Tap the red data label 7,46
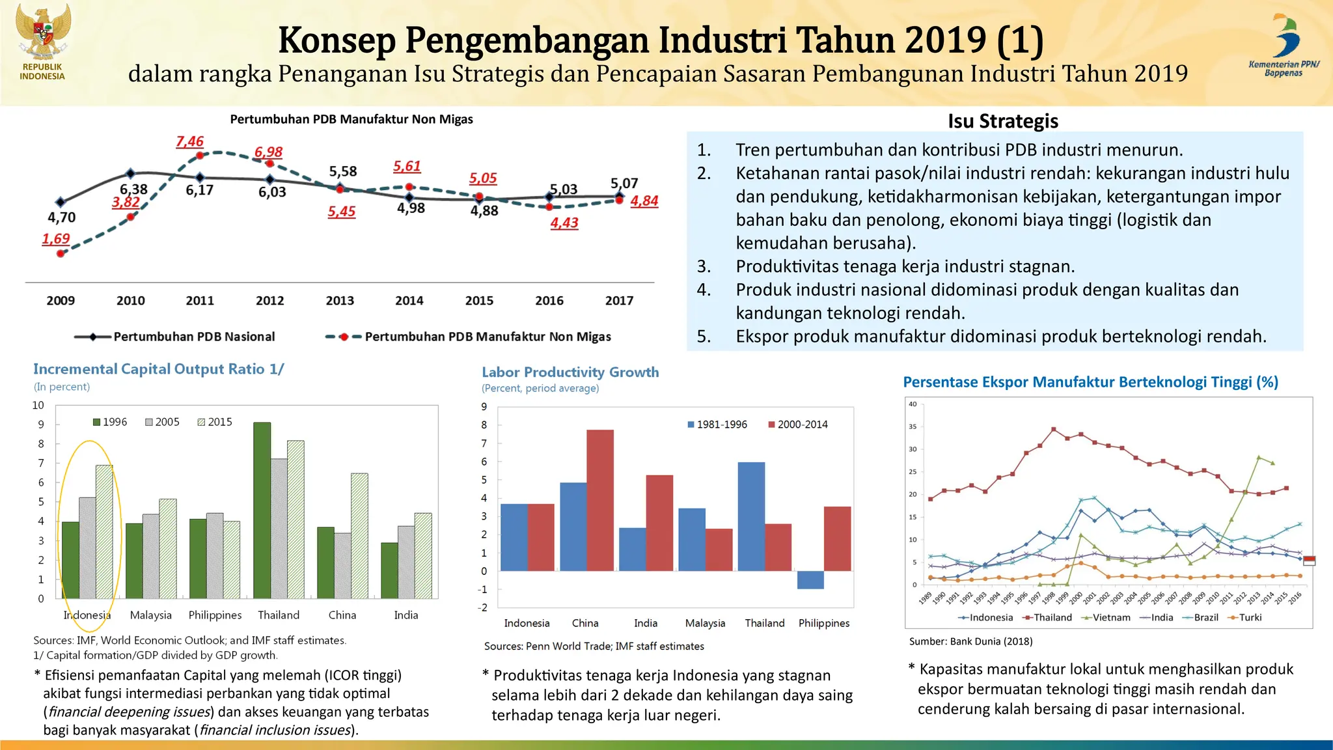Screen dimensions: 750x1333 [189, 141]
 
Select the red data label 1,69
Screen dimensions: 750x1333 [56, 239]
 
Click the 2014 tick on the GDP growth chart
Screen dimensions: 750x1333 [409, 301]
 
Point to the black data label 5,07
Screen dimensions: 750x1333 [624, 183]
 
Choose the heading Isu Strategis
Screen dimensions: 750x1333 [1002, 121]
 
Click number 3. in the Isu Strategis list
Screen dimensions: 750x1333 [704, 266]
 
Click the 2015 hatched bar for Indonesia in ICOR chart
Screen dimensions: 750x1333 [104, 531]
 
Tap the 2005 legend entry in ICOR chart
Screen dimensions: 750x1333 [162, 422]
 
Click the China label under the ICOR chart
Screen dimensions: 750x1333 [342, 615]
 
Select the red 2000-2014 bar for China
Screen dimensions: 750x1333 [599, 500]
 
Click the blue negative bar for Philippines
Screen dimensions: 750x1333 [810, 579]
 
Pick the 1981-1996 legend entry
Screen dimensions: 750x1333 [717, 424]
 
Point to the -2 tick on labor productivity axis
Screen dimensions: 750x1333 [482, 607]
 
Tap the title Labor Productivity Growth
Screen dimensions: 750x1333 [570, 372]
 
